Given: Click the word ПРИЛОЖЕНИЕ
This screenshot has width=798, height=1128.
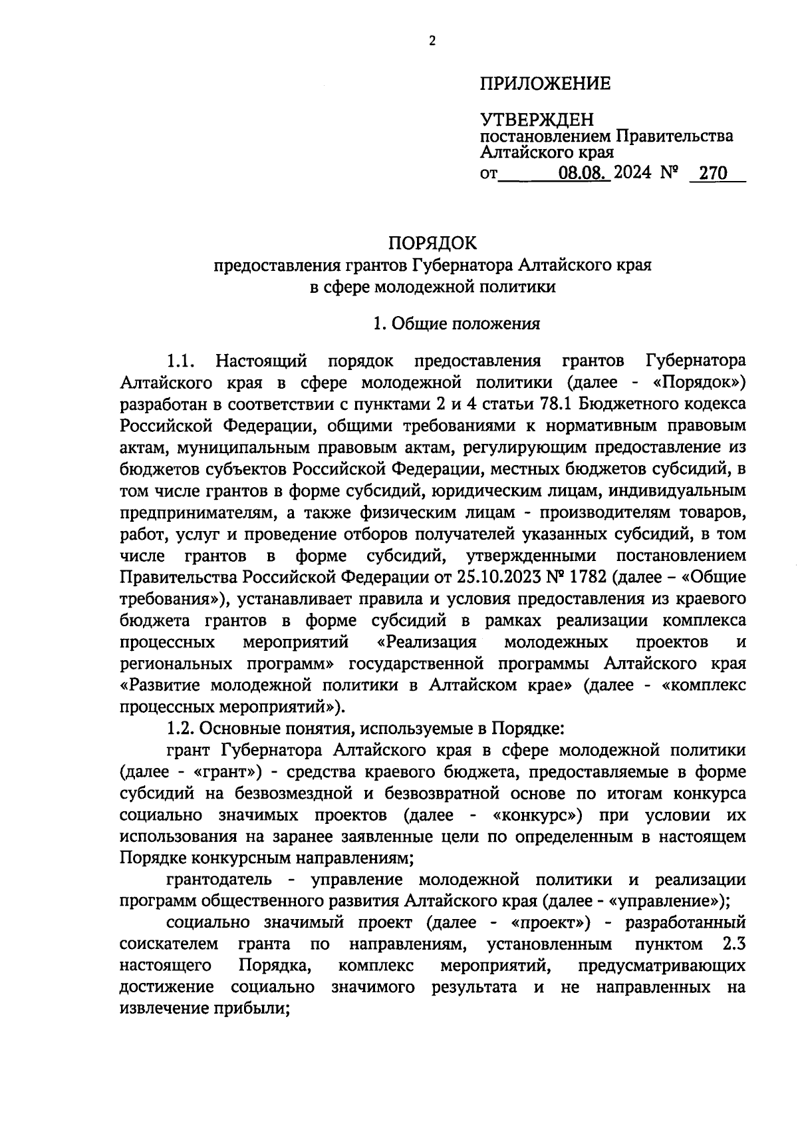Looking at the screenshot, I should pos(545,85).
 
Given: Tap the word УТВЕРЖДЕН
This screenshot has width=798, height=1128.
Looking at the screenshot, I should pos(537,120).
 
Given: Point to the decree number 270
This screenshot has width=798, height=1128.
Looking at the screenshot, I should pos(710,174).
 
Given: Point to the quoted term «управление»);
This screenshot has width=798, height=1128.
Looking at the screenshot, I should pos(672,901).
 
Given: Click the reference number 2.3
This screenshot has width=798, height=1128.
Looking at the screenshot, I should pos(732,944).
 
